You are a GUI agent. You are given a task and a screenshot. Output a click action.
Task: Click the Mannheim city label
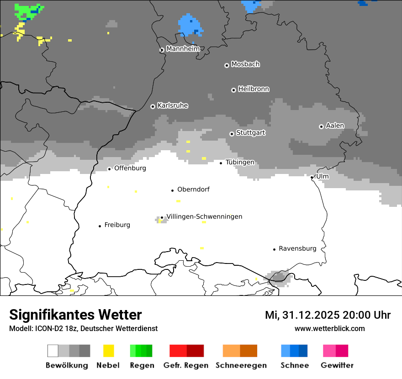point(183,49)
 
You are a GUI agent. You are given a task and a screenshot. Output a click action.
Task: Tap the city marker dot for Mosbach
point(227,65)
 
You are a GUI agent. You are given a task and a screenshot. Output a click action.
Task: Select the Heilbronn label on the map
point(254,89)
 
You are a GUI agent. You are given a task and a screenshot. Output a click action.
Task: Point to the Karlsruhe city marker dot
point(153,106)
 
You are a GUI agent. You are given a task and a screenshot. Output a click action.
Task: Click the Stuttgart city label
point(250,133)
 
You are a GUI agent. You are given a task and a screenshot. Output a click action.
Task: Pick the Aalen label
point(335,126)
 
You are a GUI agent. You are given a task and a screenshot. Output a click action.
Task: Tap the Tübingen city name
point(240,163)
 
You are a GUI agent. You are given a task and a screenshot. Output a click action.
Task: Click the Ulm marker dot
point(312,177)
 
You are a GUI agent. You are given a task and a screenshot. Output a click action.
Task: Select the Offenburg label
point(130,168)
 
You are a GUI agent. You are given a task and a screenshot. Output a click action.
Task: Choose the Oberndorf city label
point(193,189)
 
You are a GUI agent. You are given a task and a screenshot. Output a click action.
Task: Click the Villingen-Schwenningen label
point(204,216)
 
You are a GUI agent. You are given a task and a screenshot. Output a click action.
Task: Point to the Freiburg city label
point(117,225)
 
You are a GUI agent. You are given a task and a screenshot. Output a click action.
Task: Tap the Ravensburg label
point(297,248)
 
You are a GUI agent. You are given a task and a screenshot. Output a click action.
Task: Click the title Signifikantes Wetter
point(75,315)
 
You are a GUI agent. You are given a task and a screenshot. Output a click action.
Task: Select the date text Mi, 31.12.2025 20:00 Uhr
point(328,315)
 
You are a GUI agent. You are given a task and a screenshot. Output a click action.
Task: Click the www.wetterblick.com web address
point(329,328)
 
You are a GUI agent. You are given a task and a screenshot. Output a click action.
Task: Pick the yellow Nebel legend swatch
point(109,351)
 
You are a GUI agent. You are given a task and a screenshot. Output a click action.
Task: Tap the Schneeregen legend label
point(241,365)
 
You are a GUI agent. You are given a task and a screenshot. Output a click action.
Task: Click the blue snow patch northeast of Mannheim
point(190,25)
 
